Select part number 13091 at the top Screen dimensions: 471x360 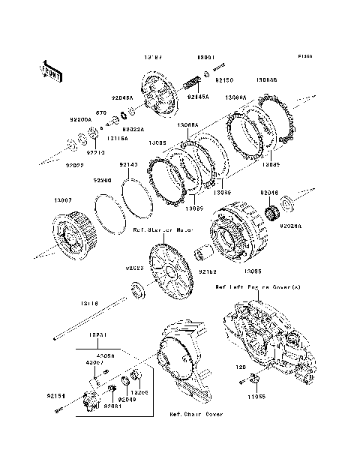206,57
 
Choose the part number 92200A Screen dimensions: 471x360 81,119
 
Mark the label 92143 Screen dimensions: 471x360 128,165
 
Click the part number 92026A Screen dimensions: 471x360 291,225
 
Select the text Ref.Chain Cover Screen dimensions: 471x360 196,413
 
